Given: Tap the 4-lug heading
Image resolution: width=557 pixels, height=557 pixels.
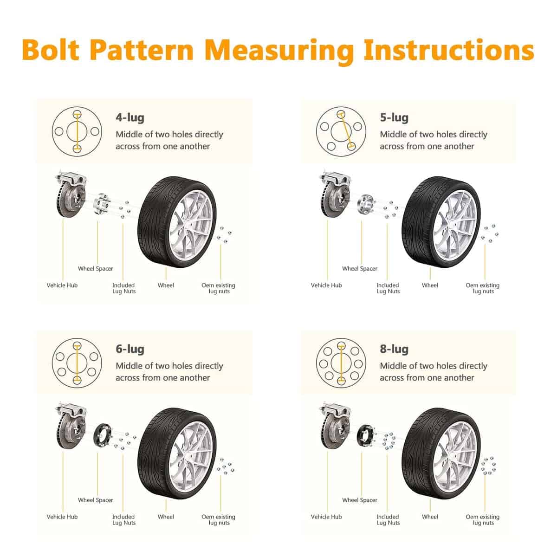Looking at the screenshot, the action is pyautogui.click(x=130, y=118).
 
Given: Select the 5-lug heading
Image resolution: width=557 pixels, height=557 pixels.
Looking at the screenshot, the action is pyautogui.click(x=394, y=118).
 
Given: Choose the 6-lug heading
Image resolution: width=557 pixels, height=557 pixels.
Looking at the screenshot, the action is pyautogui.click(x=130, y=349).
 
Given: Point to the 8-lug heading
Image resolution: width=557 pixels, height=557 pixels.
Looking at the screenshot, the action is pyautogui.click(x=394, y=349).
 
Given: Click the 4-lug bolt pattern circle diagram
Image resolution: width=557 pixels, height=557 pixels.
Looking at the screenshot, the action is pyautogui.click(x=77, y=132).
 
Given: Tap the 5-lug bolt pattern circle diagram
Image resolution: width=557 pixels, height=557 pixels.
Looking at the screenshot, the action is pyautogui.click(x=341, y=132).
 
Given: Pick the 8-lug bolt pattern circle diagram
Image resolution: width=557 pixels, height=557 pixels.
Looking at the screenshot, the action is pyautogui.click(x=341, y=363).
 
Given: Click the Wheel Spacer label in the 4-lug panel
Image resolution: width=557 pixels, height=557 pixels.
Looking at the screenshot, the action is pyautogui.click(x=96, y=269).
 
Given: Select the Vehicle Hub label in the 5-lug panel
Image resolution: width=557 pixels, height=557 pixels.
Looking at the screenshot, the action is pyautogui.click(x=326, y=285).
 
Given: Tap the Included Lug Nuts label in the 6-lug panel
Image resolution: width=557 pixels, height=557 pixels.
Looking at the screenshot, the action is pyautogui.click(x=124, y=519).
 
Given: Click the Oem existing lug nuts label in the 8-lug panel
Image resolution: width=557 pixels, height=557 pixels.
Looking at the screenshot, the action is pyautogui.click(x=482, y=519).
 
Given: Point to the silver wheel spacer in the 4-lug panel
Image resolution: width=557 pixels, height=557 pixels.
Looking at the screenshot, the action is pyautogui.click(x=102, y=204).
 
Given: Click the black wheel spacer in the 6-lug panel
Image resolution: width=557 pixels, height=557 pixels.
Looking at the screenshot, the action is pyautogui.click(x=102, y=435).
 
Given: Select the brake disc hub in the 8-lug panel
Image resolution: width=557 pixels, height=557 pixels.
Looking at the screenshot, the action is pyautogui.click(x=335, y=425).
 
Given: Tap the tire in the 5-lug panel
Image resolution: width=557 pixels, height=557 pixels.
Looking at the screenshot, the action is pyautogui.click(x=441, y=222).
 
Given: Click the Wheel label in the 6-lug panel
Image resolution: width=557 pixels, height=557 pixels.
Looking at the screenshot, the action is pyautogui.click(x=166, y=517).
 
